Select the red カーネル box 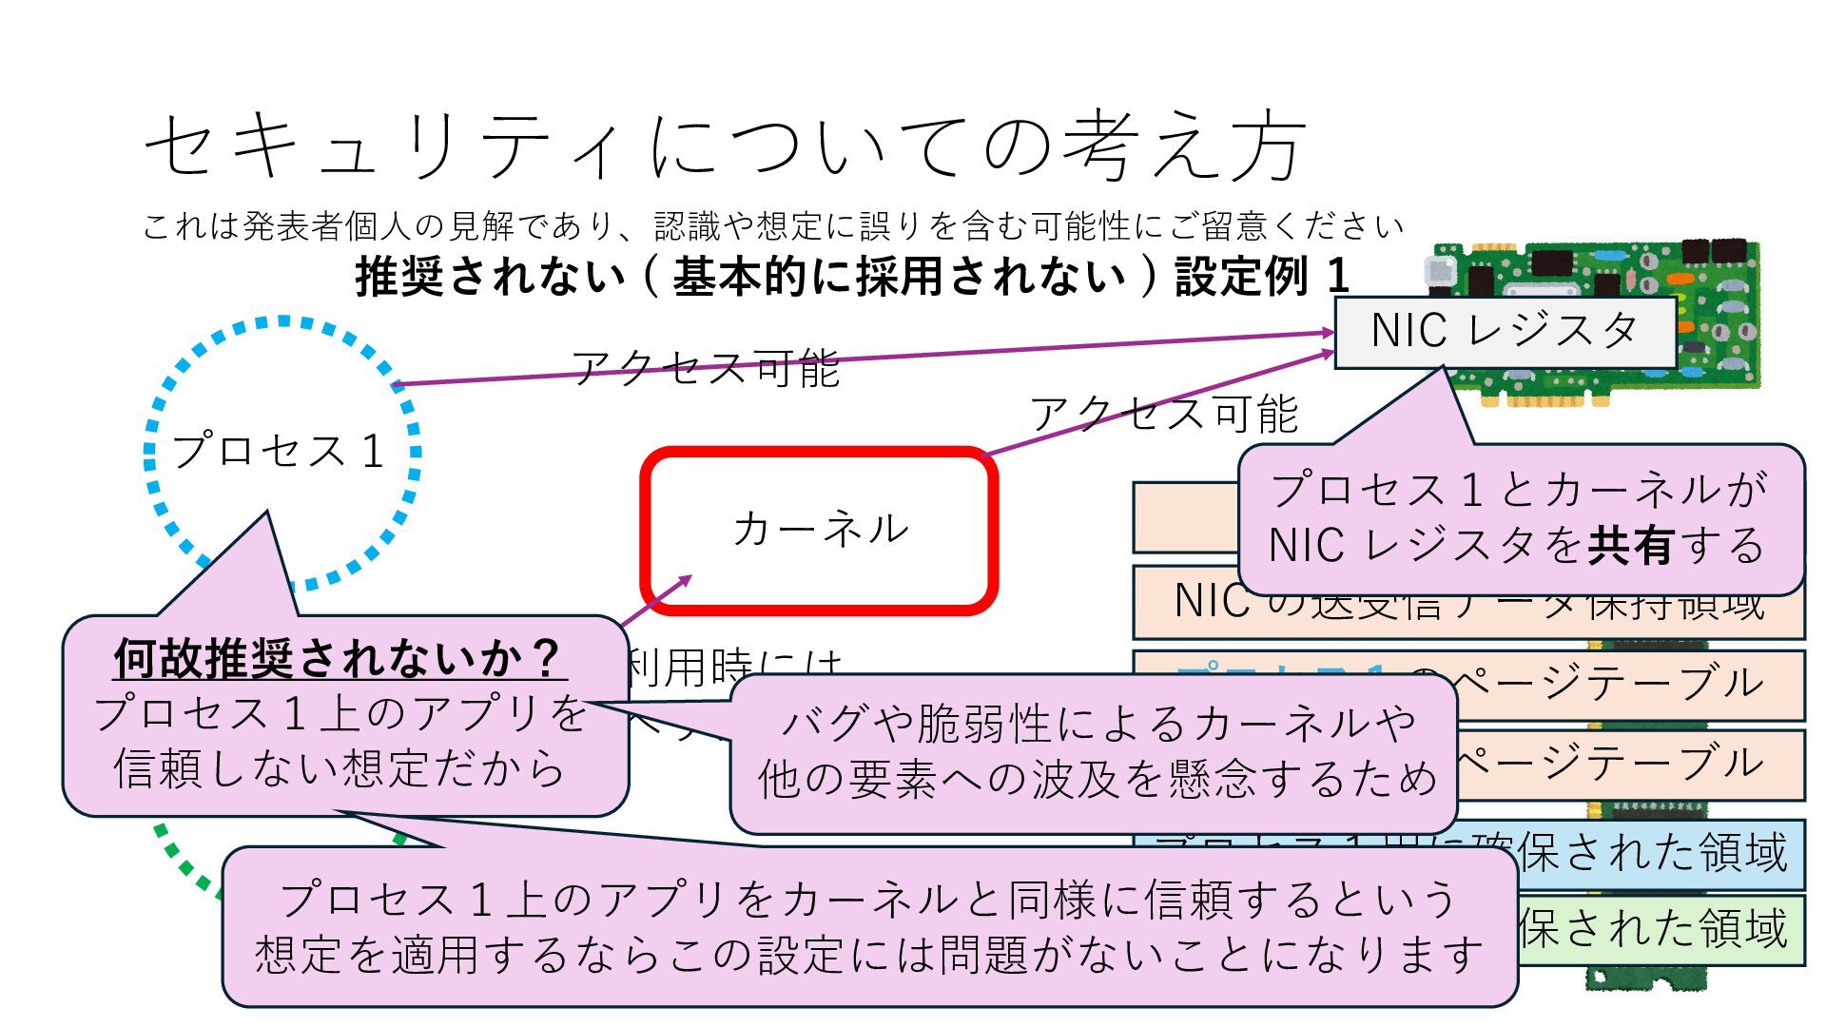click(820, 530)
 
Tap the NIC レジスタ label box click(1505, 332)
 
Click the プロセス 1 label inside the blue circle click(279, 451)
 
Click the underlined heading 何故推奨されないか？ click(340, 658)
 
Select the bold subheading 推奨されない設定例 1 click(852, 277)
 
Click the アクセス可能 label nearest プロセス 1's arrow click(705, 368)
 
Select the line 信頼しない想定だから click(340, 768)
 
